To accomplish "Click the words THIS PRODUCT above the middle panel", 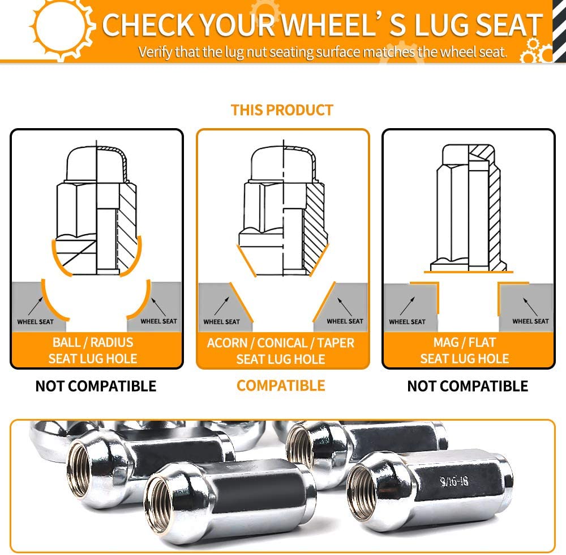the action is [282, 110].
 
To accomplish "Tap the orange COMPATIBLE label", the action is [281, 385].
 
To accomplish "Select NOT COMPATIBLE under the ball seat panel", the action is [96, 386].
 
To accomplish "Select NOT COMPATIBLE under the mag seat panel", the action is [468, 386].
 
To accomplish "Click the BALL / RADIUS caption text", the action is [93, 342].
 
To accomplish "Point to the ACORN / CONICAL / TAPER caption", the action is [281, 343].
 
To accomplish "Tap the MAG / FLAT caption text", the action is [465, 342].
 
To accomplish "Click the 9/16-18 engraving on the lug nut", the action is [454, 481].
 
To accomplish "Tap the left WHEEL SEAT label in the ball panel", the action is [35, 322].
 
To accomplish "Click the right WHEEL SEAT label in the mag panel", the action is [530, 321].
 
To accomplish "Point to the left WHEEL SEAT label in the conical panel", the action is [222, 322].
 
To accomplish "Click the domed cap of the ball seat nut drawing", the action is [97, 163].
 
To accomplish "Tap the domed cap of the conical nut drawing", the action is [283, 163].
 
